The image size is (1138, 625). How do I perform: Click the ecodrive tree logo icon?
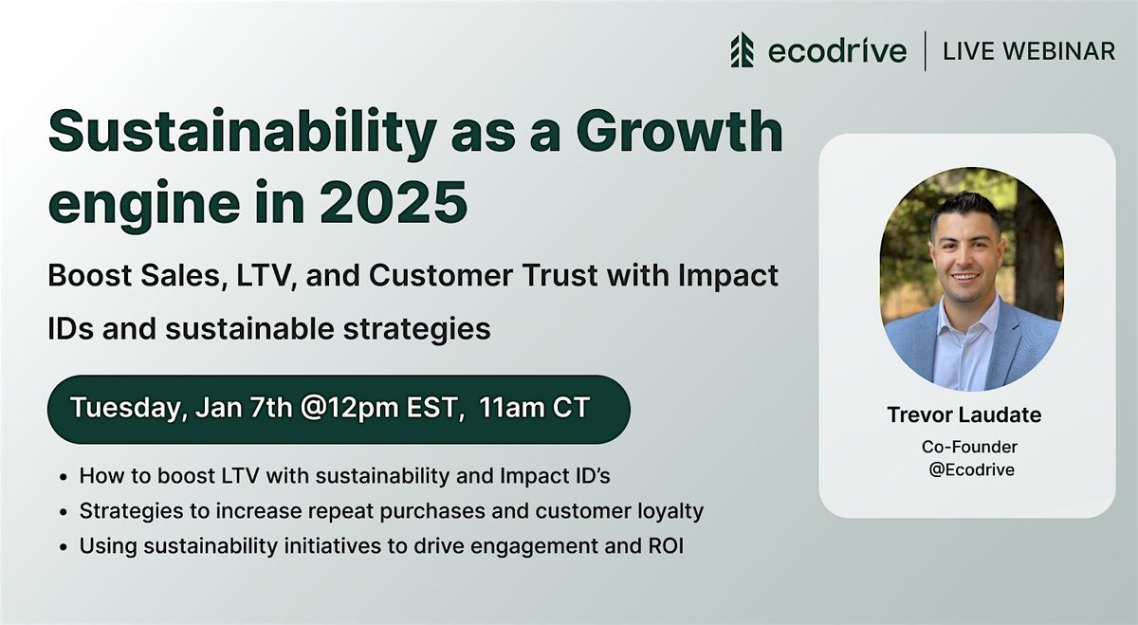742,50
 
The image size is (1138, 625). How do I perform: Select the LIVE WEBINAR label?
1029,51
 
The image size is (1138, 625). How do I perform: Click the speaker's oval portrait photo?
971,279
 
